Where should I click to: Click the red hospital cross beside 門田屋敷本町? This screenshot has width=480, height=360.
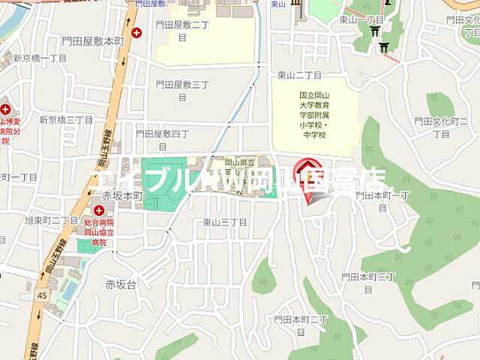(136, 32)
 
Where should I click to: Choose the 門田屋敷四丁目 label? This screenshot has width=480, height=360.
(163, 133)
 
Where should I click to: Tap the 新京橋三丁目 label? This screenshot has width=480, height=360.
(65, 119)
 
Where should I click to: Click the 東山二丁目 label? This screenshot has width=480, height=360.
(299, 75)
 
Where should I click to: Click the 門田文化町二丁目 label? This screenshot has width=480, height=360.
(442, 127)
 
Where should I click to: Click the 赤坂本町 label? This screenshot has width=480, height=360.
(122, 195)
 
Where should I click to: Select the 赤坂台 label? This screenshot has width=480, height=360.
(121, 284)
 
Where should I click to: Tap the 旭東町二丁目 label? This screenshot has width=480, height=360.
(52, 220)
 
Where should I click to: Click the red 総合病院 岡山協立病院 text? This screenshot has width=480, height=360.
(97, 228)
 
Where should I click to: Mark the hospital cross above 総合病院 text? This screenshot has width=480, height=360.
(98, 211)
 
